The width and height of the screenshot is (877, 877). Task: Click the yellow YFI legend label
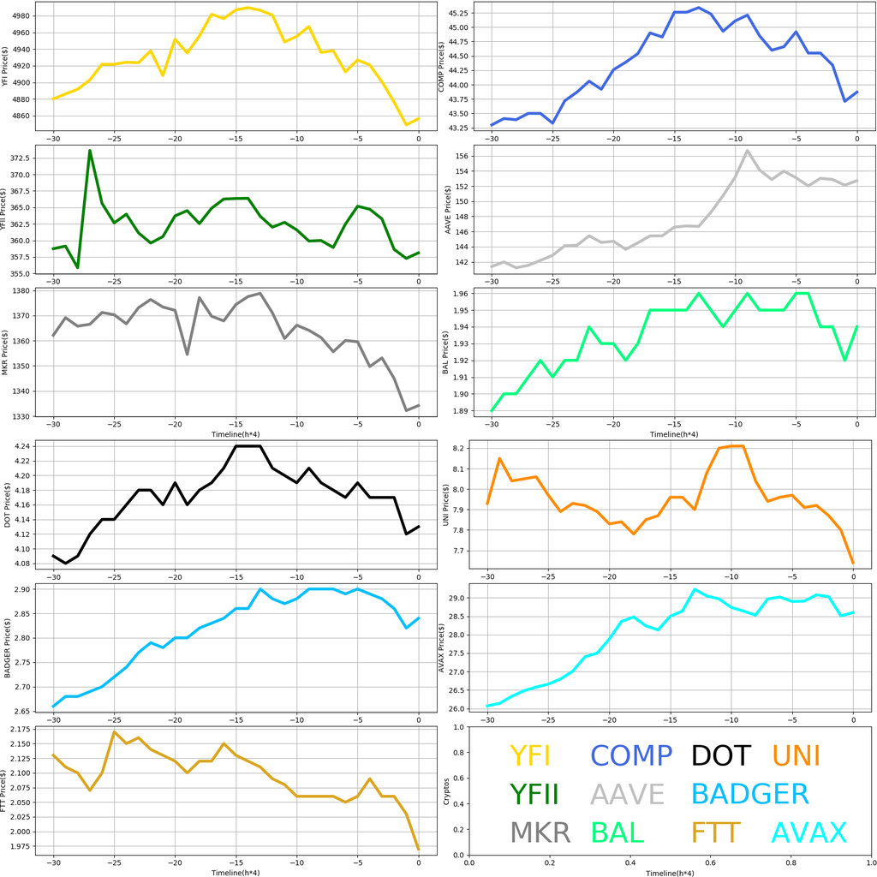pyautogui.click(x=529, y=755)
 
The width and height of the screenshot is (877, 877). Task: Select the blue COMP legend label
pyautogui.click(x=631, y=755)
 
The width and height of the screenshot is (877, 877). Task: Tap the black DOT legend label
pyautogui.click(x=720, y=755)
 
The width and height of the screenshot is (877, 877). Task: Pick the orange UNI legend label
pyautogui.click(x=796, y=755)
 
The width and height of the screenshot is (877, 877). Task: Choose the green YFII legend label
pyautogui.click(x=534, y=794)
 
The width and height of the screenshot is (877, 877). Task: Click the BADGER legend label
pyautogui.click(x=749, y=794)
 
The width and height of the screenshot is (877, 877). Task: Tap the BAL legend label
pyautogui.click(x=617, y=832)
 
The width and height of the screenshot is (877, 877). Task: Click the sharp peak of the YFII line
pyautogui.click(x=90, y=151)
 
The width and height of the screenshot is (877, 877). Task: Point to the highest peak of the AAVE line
pyautogui.click(x=748, y=151)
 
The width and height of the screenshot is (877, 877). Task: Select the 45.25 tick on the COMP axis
pyautogui.click(x=456, y=13)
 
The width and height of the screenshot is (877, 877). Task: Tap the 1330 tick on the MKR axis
pyautogui.click(x=21, y=416)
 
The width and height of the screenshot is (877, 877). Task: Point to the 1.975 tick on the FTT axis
pyautogui.click(x=19, y=846)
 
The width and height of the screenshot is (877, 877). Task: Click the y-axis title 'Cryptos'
pyautogui.click(x=445, y=791)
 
